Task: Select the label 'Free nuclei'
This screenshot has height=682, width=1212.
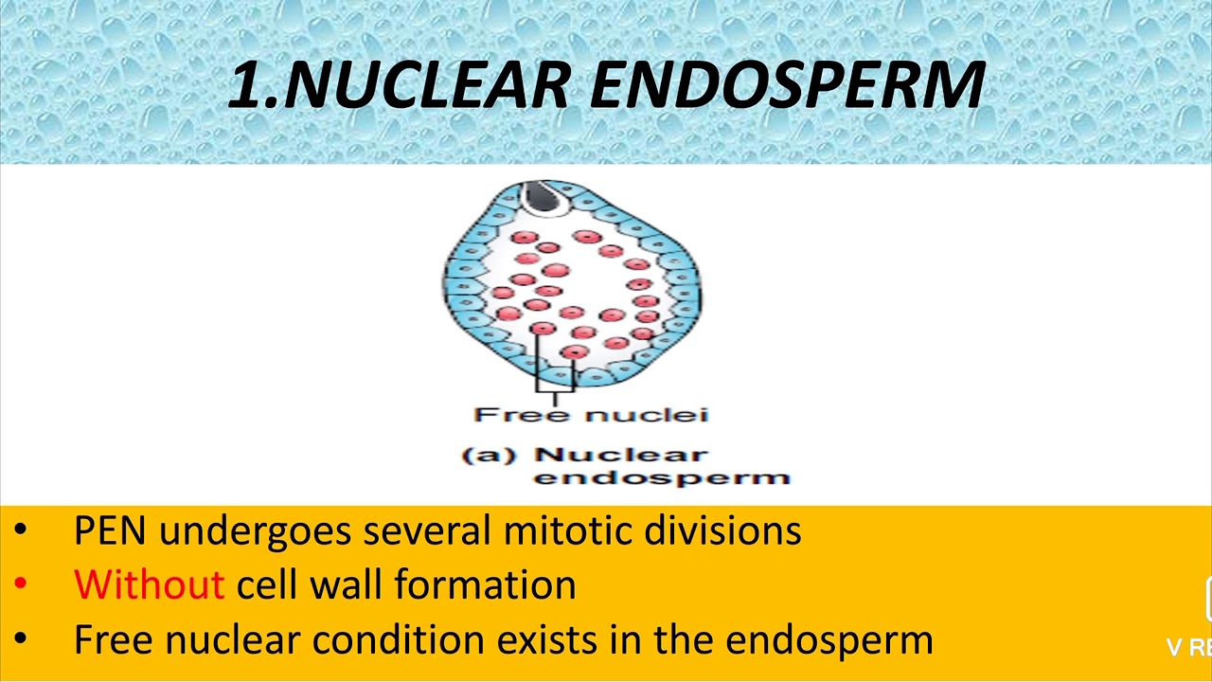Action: tap(591, 414)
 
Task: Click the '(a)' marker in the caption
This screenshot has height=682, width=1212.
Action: tap(490, 455)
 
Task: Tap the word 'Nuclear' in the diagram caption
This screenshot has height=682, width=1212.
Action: tap(620, 455)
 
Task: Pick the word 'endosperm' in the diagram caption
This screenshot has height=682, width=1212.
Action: tap(662, 476)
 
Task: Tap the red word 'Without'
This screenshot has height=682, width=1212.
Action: tap(149, 584)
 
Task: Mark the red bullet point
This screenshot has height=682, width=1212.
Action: tap(21, 585)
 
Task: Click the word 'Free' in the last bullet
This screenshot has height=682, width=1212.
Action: tap(114, 639)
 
